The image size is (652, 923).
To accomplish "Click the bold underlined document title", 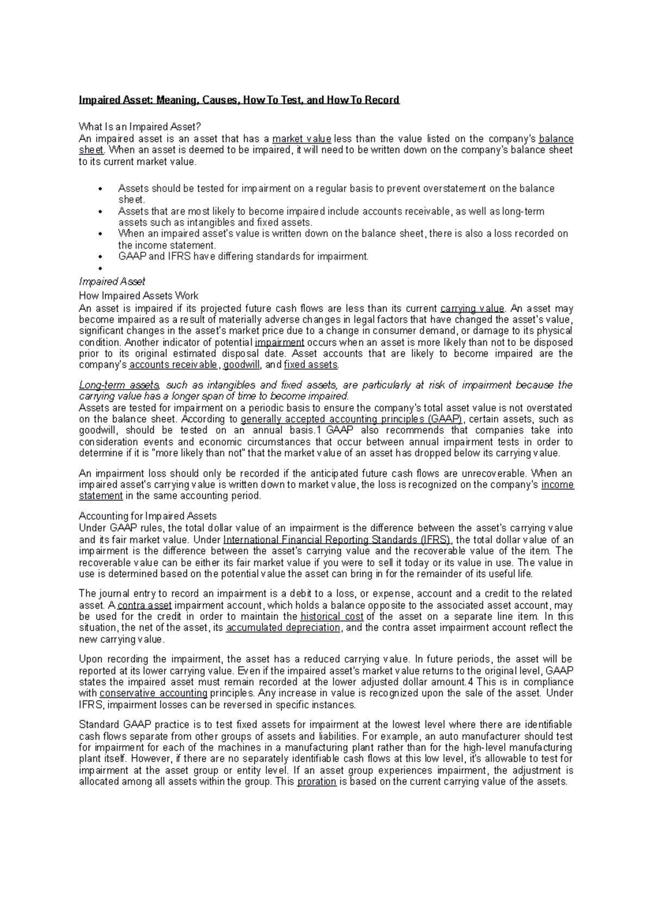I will (x=239, y=100).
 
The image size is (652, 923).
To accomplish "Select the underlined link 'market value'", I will (x=302, y=139).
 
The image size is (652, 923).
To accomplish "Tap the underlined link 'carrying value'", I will (x=472, y=308).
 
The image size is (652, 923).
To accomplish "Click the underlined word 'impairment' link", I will (x=279, y=342).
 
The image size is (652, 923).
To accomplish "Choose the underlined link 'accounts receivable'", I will (x=173, y=365).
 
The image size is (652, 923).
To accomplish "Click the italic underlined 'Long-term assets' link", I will (x=119, y=385).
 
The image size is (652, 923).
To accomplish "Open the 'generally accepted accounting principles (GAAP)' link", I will (x=351, y=419).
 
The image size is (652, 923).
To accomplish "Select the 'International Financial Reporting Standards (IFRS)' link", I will (x=337, y=540).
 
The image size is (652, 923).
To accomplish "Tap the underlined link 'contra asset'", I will (x=145, y=605).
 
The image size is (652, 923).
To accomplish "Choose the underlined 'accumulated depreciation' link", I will (x=283, y=628).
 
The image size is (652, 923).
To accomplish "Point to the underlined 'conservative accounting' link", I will (x=154, y=693).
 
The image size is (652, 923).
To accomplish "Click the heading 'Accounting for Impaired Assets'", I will (x=148, y=516).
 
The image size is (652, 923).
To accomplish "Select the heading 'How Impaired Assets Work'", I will (x=139, y=296).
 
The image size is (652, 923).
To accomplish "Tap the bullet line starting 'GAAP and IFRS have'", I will (x=243, y=257).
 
